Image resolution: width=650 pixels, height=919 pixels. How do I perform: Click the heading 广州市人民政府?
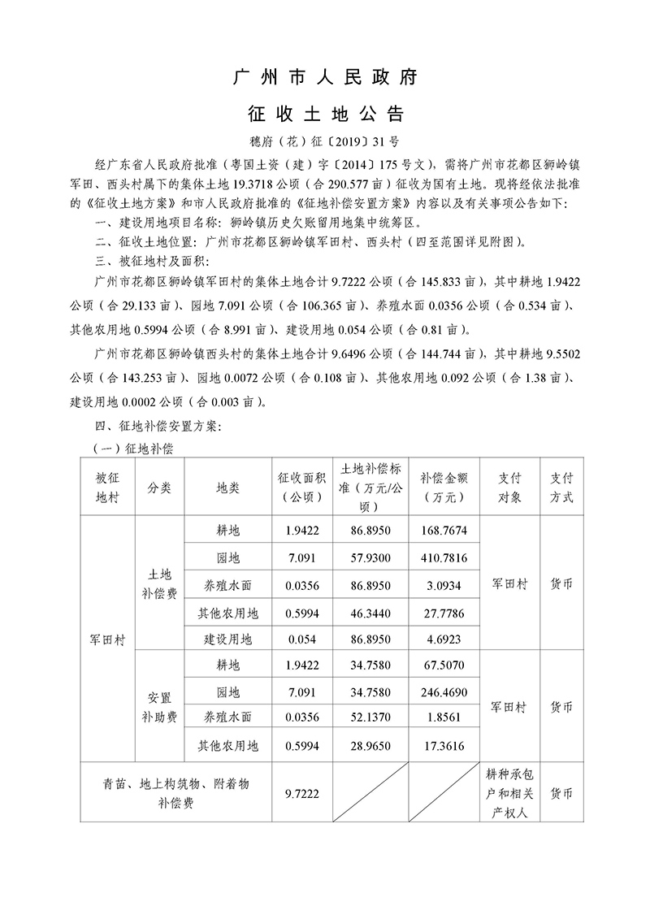click(x=325, y=78)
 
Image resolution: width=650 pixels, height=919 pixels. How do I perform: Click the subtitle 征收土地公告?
click(x=325, y=111)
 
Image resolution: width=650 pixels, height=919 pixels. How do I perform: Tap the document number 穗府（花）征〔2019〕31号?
click(x=325, y=140)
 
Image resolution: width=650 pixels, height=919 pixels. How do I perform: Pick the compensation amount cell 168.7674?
click(x=444, y=531)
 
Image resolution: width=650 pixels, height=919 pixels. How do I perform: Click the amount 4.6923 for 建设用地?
click(x=444, y=639)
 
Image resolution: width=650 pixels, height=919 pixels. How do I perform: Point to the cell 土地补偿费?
click(x=158, y=584)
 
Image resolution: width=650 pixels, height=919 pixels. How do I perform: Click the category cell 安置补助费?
click(x=158, y=706)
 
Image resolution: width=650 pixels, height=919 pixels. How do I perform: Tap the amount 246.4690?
click(x=444, y=691)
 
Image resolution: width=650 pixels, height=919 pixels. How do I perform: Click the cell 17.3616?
click(x=444, y=744)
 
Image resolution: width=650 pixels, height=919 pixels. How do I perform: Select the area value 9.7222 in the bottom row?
click(x=301, y=792)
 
